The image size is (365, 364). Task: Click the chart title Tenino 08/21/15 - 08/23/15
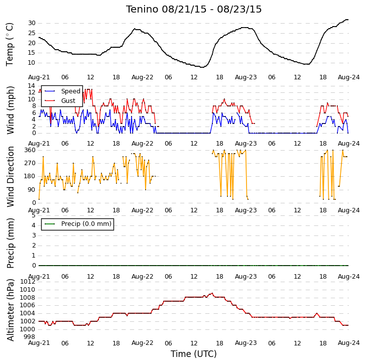(194, 10)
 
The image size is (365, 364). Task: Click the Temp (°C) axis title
(10, 44)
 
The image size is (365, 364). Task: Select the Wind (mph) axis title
(10, 110)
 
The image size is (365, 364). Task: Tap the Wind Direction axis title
(10, 177)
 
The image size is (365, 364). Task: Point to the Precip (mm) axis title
(10, 243)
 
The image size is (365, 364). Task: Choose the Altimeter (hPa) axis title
(10, 310)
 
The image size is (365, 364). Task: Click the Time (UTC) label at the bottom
(194, 354)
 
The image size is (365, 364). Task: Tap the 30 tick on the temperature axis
(32, 23)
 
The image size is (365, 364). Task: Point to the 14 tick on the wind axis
(32, 86)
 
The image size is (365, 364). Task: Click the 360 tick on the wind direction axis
(30, 150)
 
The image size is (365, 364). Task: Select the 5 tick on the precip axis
(34, 215)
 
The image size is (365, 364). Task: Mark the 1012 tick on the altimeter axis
(28, 282)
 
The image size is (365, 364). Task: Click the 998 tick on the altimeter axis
(30, 337)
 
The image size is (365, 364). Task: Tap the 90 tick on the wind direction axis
(32, 190)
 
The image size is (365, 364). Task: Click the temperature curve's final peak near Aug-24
(347, 20)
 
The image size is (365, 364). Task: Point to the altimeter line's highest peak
(212, 293)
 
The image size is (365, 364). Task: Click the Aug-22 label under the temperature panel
(142, 77)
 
